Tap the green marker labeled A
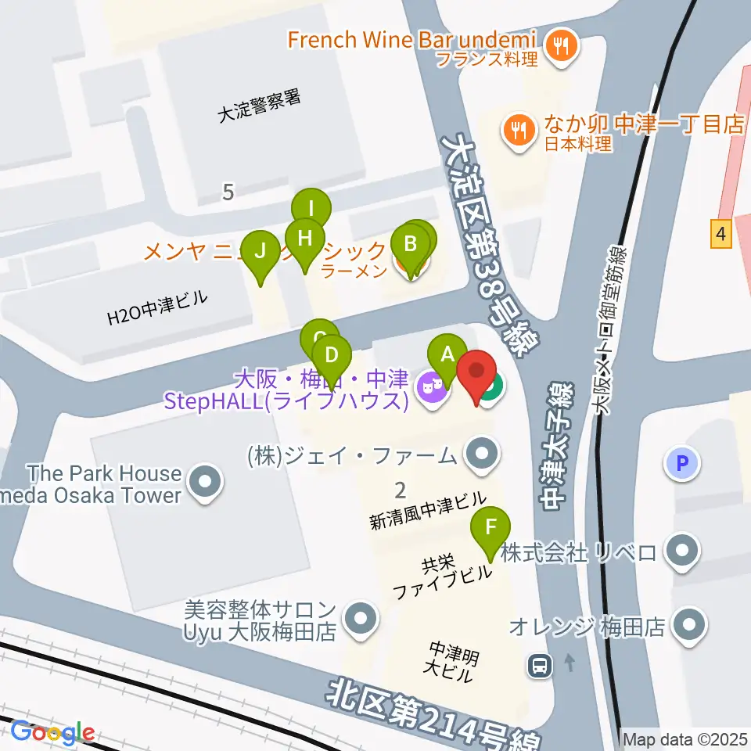coord(447,354)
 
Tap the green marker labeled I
coord(311,210)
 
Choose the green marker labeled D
coord(332,356)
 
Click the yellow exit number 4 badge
coord(720,233)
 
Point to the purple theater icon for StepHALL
coord(431,386)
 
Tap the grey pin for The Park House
coord(205,483)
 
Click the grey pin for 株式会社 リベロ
coord(683,552)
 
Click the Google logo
coord(52,733)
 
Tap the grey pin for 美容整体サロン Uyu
coord(361,618)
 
